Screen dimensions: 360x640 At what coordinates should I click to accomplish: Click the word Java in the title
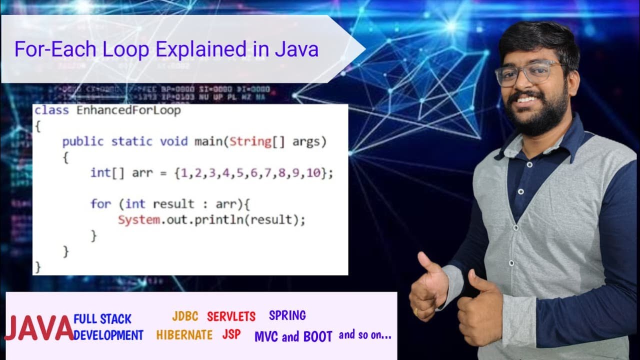coord(296,49)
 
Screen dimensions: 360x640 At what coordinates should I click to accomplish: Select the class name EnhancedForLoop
coord(128,110)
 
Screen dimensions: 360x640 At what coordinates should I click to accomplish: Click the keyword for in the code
coord(100,204)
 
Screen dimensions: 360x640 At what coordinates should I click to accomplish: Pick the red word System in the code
coord(138,219)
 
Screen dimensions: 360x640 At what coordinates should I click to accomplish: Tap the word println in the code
coord(219,219)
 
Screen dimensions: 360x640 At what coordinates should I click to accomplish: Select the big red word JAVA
coord(39,328)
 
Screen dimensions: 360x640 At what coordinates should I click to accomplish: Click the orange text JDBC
coord(185,316)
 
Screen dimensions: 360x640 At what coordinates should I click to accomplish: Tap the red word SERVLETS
coord(231,316)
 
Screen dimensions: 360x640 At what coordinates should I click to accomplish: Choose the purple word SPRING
coord(287,315)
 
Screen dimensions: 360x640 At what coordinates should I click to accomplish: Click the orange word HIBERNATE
coord(184,335)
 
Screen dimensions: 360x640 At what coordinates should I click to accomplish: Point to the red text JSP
coord(231,334)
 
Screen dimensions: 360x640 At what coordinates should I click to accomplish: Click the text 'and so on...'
coord(365,335)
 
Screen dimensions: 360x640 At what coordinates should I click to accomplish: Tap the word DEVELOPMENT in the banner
coord(108,335)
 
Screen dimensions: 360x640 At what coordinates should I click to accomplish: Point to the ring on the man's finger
coord(416,311)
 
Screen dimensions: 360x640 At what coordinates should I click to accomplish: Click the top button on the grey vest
coord(520,191)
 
